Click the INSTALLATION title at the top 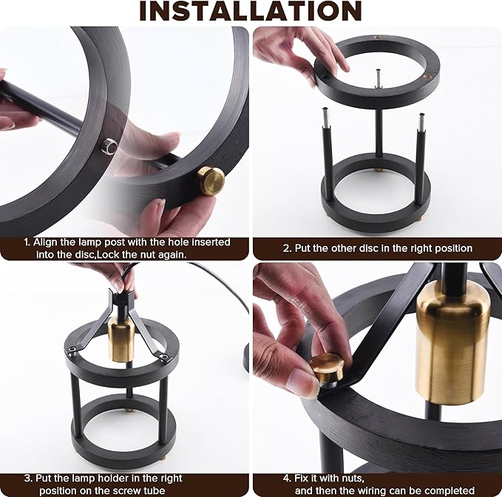[x=251, y=11]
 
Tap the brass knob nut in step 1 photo [x=211, y=181]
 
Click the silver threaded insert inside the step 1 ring [x=110, y=146]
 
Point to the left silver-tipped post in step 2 [x=328, y=150]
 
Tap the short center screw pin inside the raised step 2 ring [x=379, y=79]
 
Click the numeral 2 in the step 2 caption [x=286, y=248]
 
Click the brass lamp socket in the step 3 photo [x=119, y=339]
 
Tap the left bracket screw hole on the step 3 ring [x=72, y=349]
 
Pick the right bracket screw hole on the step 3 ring [x=165, y=356]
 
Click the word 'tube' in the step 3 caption [x=155, y=490]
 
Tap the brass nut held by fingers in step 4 [x=328, y=369]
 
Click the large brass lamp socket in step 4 [x=452, y=342]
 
